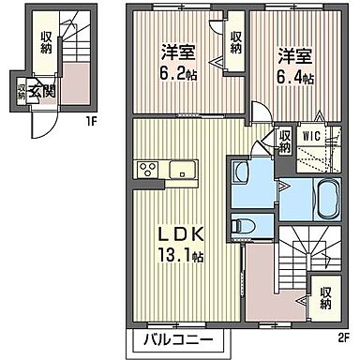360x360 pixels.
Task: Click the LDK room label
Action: pyautogui.click(x=182, y=232)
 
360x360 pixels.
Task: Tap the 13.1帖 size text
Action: pyautogui.click(x=184, y=254)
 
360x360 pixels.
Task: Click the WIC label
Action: pyautogui.click(x=310, y=134)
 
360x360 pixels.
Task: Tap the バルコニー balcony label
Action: pyautogui.click(x=172, y=338)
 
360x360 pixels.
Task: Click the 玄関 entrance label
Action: pyautogui.click(x=41, y=91)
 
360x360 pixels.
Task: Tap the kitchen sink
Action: pyautogui.click(x=182, y=171)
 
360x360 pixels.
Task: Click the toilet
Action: pyautogui.click(x=243, y=225)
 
